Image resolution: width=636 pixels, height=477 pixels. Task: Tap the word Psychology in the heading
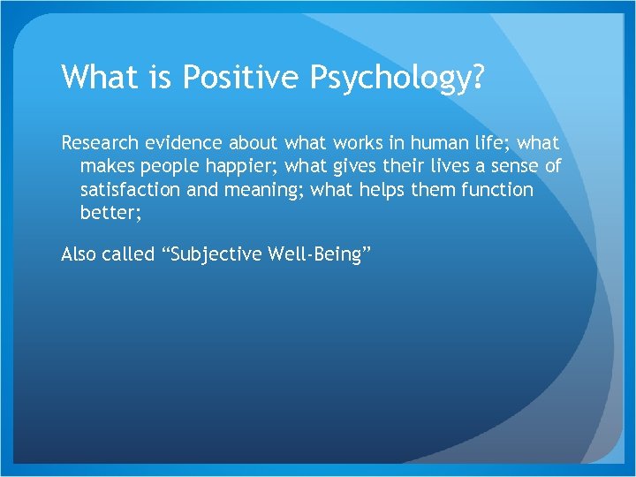(x=391, y=78)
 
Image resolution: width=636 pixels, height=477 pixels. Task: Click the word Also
(x=79, y=254)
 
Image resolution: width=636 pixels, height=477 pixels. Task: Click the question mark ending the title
(x=478, y=78)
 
